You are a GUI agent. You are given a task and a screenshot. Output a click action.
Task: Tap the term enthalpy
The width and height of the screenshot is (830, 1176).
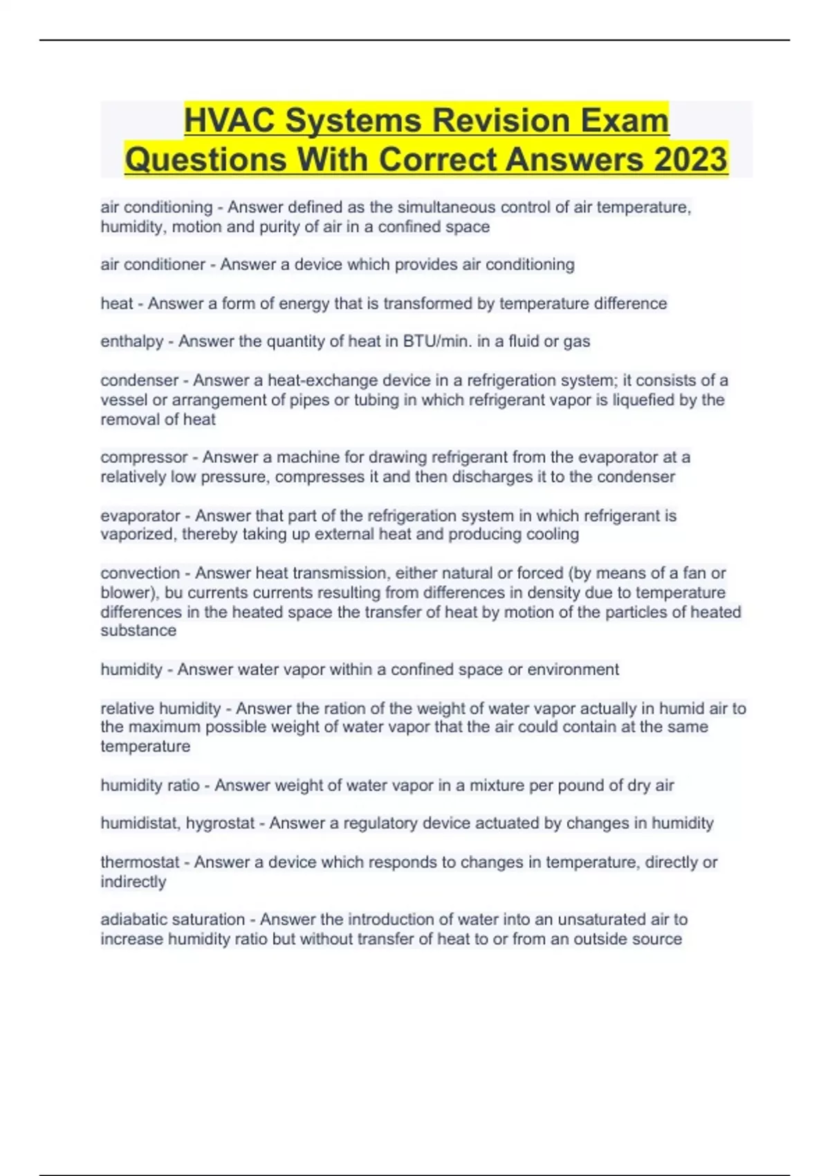pos(132,342)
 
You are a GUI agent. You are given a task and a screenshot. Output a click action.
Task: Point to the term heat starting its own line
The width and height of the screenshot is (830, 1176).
pos(116,304)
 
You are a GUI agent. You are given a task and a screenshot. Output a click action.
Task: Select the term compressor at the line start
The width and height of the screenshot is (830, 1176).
pos(144,457)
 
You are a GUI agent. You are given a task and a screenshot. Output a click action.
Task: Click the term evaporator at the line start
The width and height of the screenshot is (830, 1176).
pos(140,516)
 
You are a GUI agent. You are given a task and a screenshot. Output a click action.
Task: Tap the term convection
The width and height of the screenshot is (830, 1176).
pos(140,573)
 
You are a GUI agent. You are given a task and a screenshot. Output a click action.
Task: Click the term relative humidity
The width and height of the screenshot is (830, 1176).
pos(160,709)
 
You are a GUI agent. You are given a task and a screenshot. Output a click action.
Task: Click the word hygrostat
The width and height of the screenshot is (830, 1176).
pos(220,824)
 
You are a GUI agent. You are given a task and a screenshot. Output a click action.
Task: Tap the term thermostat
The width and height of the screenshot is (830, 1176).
pos(140,863)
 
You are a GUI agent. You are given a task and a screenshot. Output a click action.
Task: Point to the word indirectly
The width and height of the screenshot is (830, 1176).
pos(133,882)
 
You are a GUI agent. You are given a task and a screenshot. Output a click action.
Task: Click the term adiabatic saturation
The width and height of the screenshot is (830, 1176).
pos(173,920)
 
